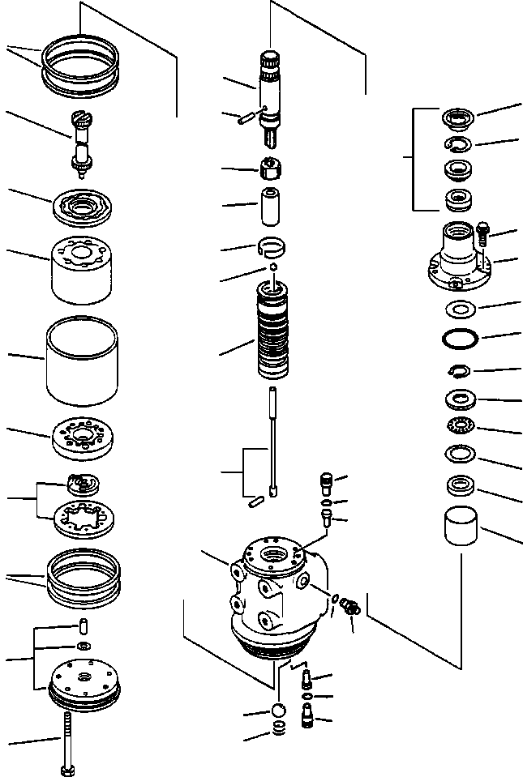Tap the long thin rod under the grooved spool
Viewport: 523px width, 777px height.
[x=274, y=442]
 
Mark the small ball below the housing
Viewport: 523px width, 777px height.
[x=278, y=711]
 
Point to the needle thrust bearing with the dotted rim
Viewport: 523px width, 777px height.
[x=458, y=426]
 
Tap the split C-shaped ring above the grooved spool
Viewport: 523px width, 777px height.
[x=271, y=246]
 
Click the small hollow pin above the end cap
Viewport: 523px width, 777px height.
[x=81, y=626]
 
